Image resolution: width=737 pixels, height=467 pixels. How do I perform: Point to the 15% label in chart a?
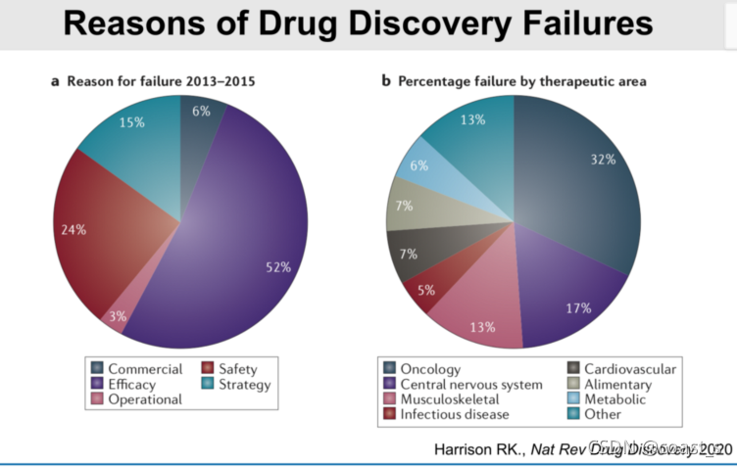click(132, 123)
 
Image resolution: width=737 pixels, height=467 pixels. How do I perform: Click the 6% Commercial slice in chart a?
click(201, 112)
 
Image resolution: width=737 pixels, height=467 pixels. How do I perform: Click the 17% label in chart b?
click(578, 308)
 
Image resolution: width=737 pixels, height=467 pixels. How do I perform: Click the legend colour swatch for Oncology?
click(389, 369)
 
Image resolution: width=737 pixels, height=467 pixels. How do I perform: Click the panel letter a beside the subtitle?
click(56, 81)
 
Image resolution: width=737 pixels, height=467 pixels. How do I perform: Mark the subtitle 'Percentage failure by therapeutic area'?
click(522, 81)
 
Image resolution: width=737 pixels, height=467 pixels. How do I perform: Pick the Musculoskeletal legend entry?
click(450, 398)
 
